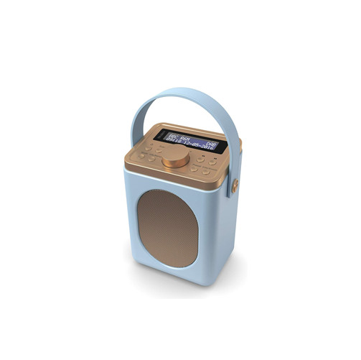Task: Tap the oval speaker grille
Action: click(168, 228)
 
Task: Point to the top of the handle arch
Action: click(188, 91)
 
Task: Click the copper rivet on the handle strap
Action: click(235, 186)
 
